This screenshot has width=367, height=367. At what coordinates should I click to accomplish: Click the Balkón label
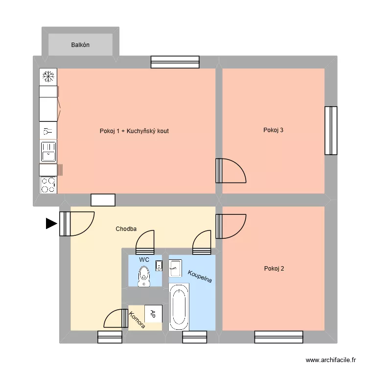pyautogui.click(x=80, y=45)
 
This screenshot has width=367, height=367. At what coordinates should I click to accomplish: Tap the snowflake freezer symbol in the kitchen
pyautogui.click(x=48, y=76)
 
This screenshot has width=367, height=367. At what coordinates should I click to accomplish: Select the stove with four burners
pyautogui.click(x=48, y=185)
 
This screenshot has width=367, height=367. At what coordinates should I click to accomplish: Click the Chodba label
pyautogui.click(x=126, y=229)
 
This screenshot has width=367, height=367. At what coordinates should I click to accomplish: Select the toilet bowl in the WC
pyautogui.click(x=144, y=276)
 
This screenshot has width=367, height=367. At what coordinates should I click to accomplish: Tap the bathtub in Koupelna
pyautogui.click(x=178, y=307)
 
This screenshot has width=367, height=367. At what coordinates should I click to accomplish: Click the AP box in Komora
pyautogui.click(x=153, y=313)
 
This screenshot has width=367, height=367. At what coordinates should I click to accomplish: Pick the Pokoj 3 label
pyautogui.click(x=273, y=130)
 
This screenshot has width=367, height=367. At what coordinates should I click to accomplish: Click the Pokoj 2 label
pyautogui.click(x=274, y=268)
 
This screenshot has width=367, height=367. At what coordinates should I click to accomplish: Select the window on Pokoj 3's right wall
pyautogui.click(x=331, y=130)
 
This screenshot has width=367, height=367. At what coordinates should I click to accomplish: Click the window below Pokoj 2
pyautogui.click(x=278, y=337)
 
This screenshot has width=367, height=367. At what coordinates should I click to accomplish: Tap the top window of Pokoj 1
pyautogui.click(x=175, y=62)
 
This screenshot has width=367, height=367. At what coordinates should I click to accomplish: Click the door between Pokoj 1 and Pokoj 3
pyautogui.click(x=229, y=170)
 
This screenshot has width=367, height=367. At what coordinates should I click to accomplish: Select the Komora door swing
pyautogui.click(x=115, y=319)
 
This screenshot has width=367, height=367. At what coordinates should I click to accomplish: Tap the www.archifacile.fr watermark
pyautogui.click(x=331, y=360)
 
